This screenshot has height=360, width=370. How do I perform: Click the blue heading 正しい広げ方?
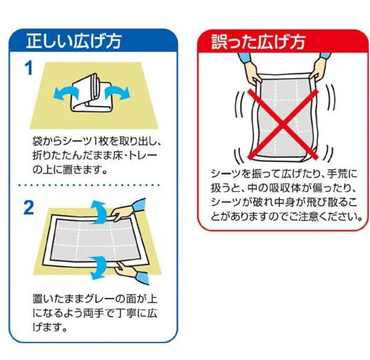click(x=74, y=41)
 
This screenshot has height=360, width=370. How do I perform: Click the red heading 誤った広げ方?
click(x=258, y=42)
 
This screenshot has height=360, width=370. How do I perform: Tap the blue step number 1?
click(x=29, y=68)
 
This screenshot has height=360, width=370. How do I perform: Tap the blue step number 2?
click(x=29, y=208)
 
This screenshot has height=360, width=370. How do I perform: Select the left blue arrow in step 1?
click(x=66, y=93)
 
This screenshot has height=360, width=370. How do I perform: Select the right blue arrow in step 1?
click(x=117, y=93)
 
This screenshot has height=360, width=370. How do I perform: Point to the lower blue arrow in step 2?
click(x=99, y=267)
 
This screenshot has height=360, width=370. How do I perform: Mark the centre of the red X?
click(x=283, y=124)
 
